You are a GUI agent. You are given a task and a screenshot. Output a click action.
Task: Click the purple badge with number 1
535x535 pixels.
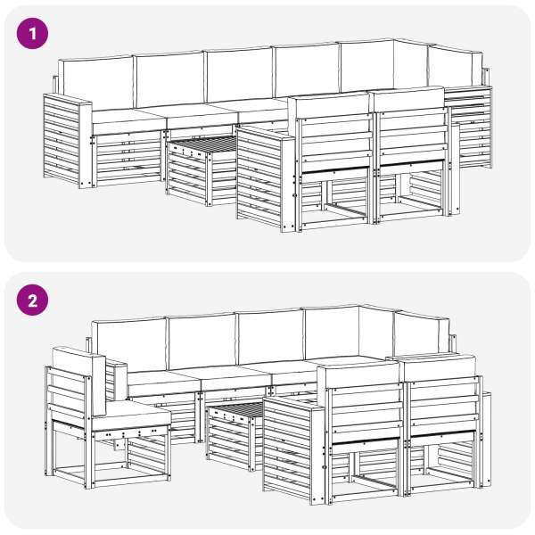pos(32,34)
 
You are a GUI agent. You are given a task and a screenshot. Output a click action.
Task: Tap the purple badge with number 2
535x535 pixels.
pos(32,300)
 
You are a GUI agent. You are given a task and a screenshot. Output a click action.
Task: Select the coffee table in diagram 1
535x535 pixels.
pos(202,170)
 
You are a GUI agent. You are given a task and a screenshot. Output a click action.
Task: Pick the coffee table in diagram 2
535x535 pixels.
pos(235,435)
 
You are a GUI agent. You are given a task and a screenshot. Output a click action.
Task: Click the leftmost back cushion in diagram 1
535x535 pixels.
pos(96,83)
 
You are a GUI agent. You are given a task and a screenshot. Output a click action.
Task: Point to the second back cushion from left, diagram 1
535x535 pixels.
pos(170,79)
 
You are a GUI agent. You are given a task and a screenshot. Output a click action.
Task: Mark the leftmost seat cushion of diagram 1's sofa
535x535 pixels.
pos(127,121)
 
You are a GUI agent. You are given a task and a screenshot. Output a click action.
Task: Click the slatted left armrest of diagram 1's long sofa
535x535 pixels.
pos(68,141)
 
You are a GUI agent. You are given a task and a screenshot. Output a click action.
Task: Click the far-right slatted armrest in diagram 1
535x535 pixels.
pos(470,127)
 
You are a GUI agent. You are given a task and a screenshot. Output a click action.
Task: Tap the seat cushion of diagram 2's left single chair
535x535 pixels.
pos(131,416)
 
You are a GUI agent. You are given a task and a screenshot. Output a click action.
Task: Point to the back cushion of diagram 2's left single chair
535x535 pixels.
pos(79,380)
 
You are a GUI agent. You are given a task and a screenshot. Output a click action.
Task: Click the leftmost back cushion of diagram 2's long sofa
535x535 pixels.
pos(129,344)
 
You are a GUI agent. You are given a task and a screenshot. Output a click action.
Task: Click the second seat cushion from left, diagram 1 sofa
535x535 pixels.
pos(202,117)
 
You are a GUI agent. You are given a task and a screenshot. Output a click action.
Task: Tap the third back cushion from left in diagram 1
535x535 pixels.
pos(240,75)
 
